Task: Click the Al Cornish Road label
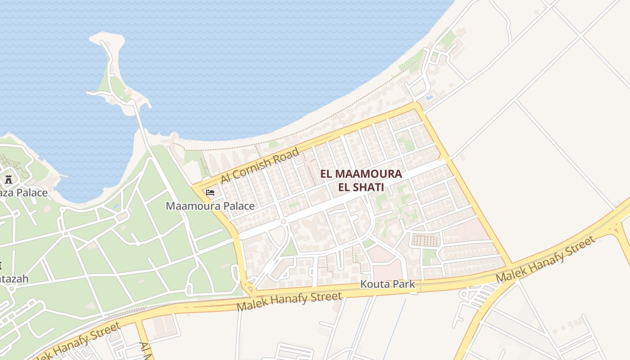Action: (260, 165)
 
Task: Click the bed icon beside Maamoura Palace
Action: (210, 193)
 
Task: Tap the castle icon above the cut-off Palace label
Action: (8, 179)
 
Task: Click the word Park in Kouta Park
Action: (405, 284)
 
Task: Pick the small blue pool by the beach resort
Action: (429, 97)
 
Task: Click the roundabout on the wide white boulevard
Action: (283, 221)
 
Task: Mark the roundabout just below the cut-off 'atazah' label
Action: (12, 288)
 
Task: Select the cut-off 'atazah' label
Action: (14, 279)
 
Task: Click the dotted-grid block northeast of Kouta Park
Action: (425, 240)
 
